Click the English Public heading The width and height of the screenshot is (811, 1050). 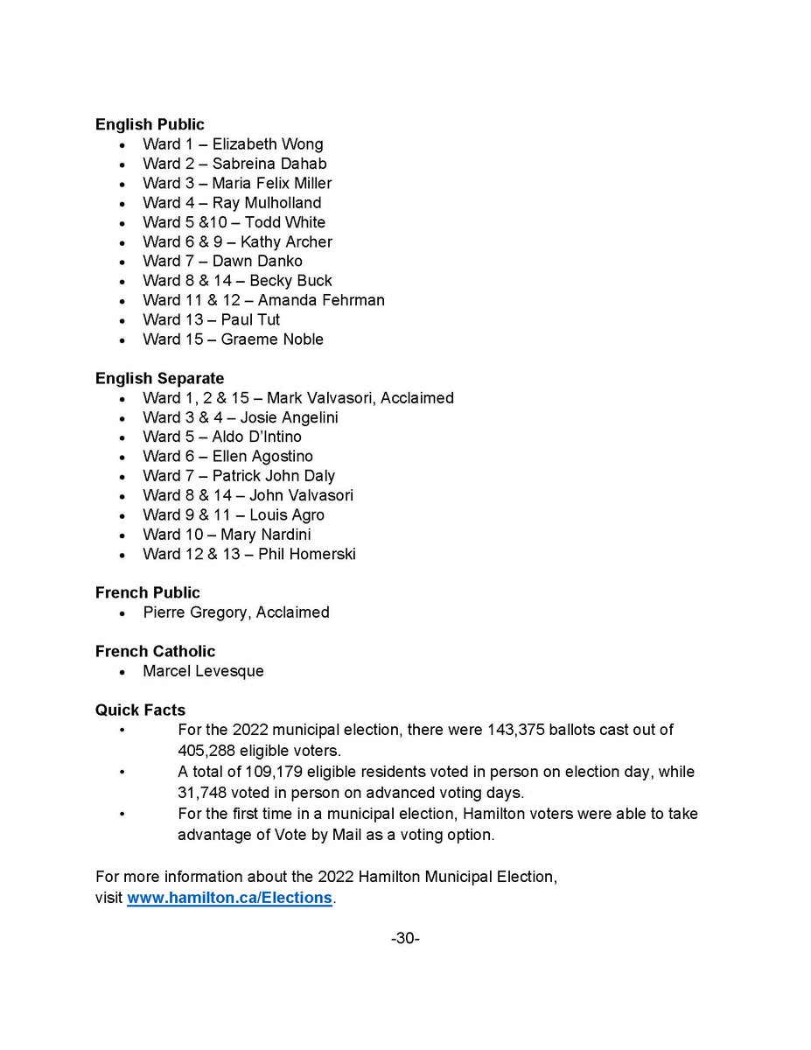pos(150,124)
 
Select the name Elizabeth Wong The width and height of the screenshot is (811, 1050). pos(268,144)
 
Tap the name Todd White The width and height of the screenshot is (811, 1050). pos(284,222)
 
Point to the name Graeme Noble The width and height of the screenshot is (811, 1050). pos(272,339)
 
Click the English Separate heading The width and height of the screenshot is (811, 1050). pos(159,378)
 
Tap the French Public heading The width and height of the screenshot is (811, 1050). pos(147,592)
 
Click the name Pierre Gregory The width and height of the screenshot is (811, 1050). pos(197,612)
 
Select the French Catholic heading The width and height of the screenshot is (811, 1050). pos(155,651)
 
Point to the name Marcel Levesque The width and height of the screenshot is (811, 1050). pos(203,671)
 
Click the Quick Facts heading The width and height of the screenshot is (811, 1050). pos(140,710)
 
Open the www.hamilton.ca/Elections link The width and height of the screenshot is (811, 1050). pos(229,898)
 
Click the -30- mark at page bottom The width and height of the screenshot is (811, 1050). pos(405,938)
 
